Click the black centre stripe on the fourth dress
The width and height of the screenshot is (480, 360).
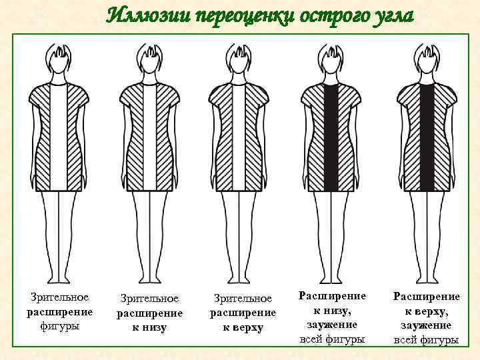tap(332, 137)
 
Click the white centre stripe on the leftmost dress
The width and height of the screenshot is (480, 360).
tap(59, 137)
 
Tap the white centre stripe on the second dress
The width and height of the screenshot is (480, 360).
tap(149, 137)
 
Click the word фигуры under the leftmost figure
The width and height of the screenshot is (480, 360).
tap(59, 327)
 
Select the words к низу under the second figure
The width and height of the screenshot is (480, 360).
tap(149, 328)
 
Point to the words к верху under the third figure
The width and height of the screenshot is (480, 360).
tap(243, 328)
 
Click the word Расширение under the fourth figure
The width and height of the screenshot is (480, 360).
tap(332, 295)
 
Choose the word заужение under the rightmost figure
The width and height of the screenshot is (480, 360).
tap(426, 325)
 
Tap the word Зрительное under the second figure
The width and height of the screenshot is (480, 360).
tap(149, 299)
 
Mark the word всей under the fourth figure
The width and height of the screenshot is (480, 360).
tap(312, 339)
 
